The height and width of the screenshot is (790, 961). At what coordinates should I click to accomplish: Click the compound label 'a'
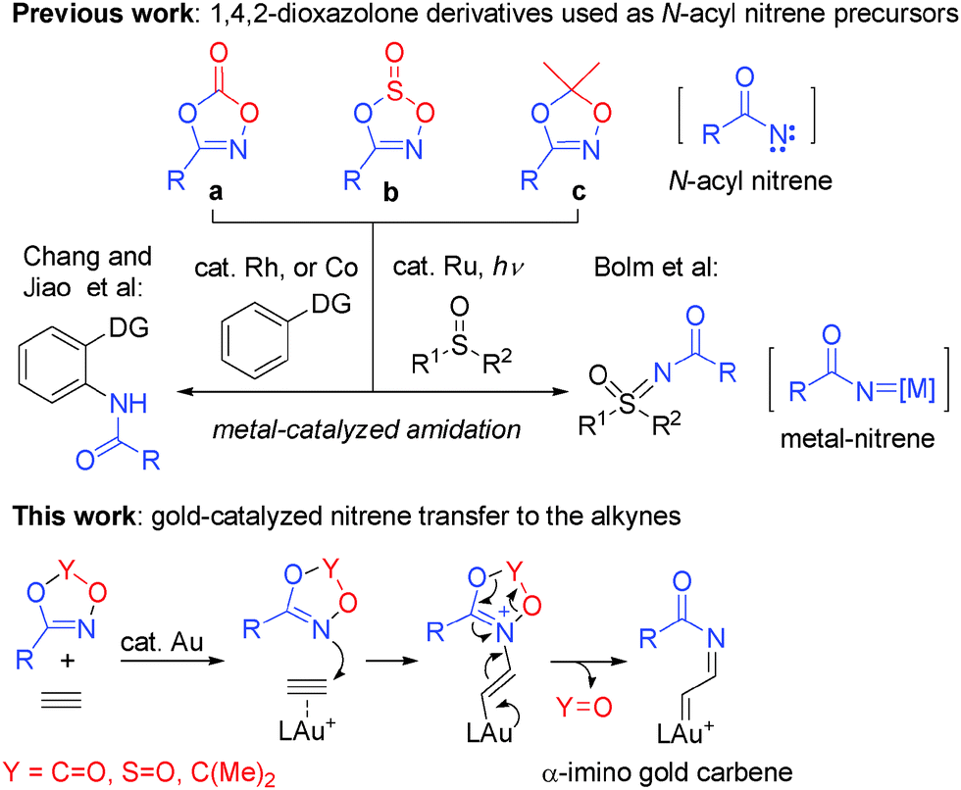coord(213,193)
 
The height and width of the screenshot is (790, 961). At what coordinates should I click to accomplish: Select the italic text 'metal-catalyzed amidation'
coord(375,429)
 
